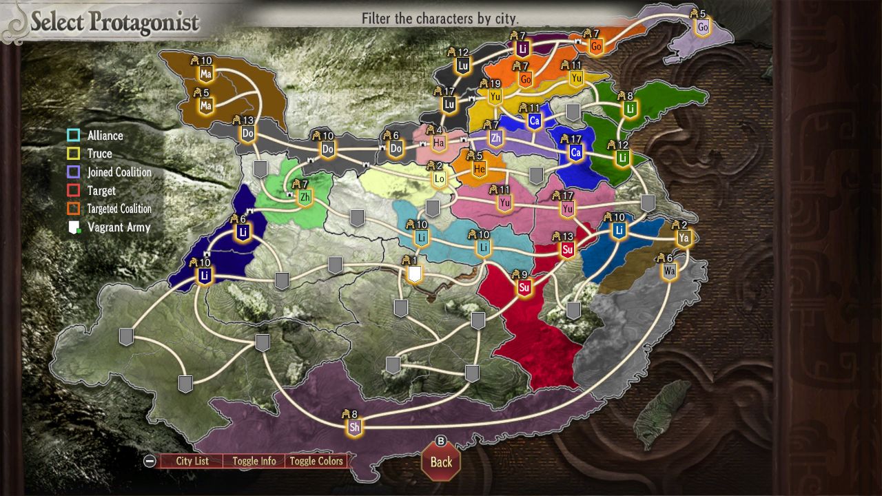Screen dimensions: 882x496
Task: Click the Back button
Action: [x=441, y=462]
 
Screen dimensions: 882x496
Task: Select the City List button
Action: [x=192, y=461]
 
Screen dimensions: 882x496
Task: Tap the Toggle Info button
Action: [x=254, y=461]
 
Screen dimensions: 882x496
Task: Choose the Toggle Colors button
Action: [x=316, y=461]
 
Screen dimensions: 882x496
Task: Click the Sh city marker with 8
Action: [x=355, y=427]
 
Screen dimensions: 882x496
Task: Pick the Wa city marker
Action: [x=669, y=271]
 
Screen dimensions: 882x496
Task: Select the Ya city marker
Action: [x=684, y=238]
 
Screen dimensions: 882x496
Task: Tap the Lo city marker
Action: [x=440, y=178]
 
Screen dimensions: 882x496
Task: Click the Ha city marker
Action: [x=439, y=143]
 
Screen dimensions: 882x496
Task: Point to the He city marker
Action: [x=480, y=169]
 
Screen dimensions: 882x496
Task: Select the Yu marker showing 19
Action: [x=495, y=97]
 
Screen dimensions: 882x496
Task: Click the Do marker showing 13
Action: [x=248, y=133]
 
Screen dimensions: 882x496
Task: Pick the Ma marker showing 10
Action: [x=205, y=73]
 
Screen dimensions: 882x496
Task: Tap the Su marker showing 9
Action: [x=524, y=287]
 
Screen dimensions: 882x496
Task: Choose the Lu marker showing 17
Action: [x=449, y=104]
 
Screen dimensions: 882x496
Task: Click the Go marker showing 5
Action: [x=702, y=28]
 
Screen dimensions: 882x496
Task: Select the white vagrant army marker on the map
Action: [x=414, y=275]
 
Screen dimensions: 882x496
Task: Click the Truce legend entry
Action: [x=100, y=154]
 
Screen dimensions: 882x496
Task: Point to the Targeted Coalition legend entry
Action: [x=119, y=209]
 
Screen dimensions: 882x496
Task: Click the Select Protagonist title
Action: [x=114, y=23]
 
